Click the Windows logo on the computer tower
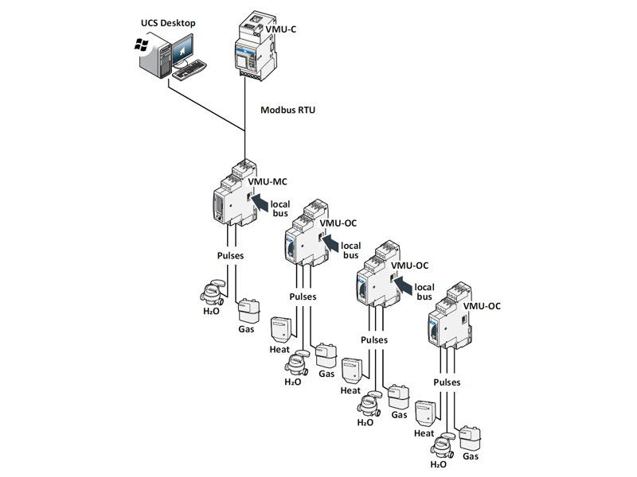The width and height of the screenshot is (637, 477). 142,47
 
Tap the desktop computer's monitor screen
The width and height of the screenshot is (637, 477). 184,52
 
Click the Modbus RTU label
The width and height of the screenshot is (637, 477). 287,110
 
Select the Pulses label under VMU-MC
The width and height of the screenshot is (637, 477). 230,256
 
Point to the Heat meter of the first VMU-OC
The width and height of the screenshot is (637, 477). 279,329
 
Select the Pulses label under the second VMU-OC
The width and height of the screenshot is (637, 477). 373,339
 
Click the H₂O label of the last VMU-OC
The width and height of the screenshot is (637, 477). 438,464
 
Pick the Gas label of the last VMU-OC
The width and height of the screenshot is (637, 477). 471,456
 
